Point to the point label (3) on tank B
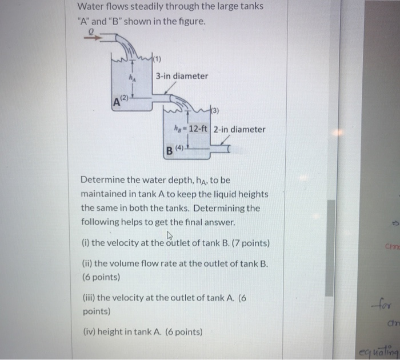pos(202,110)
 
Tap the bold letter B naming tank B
pos(169,151)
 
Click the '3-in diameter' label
pos(182,76)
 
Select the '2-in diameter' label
pos(239,129)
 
